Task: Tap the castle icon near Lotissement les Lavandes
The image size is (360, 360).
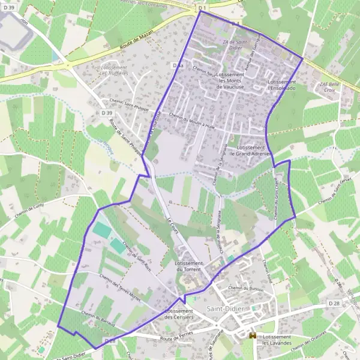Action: pos(253,337)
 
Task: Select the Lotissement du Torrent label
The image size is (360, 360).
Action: pos(188,266)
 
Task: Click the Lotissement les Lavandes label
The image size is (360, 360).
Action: pos(276,341)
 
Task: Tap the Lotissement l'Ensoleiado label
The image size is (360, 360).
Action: pos(283,85)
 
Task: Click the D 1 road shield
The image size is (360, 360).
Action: pos(202,8)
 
